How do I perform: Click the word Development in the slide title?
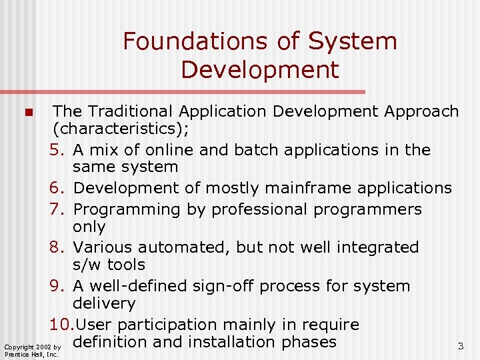(259, 69)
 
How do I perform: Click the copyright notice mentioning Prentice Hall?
(33, 350)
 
